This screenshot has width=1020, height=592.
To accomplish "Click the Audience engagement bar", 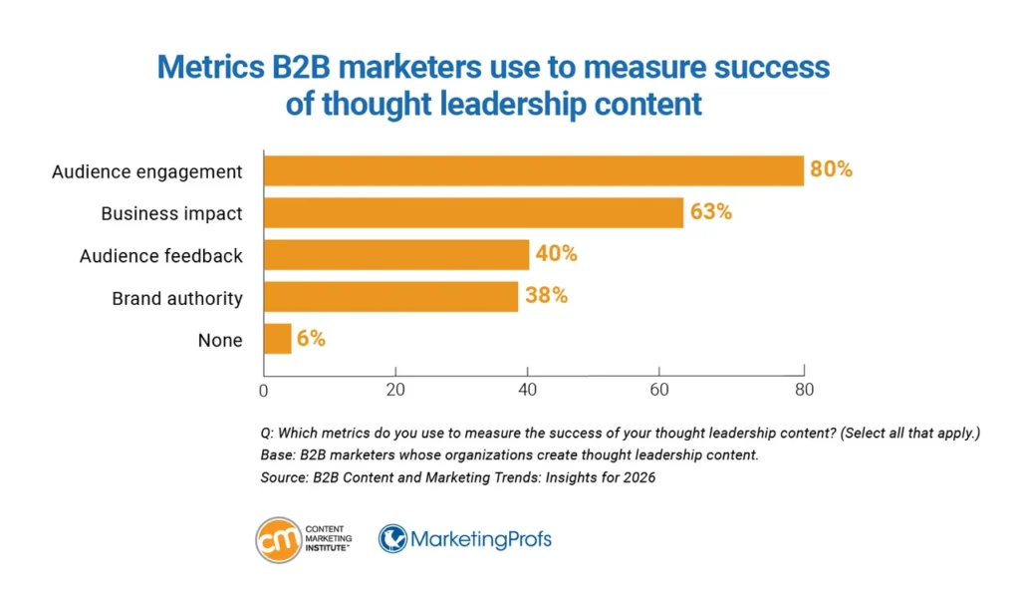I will click(533, 170).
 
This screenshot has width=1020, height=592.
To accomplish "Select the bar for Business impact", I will click(473, 212).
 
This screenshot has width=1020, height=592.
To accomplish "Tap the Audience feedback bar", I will click(396, 254).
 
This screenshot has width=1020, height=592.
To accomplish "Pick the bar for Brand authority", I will click(390, 296).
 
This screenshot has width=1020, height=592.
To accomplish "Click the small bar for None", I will click(278, 339).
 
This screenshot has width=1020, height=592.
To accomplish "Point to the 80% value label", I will click(831, 169).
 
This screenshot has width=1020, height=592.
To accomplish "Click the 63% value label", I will click(710, 212).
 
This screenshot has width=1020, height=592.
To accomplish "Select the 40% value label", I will click(556, 254).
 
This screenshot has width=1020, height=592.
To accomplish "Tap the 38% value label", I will click(546, 296).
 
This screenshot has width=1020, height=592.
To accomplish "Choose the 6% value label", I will click(311, 339).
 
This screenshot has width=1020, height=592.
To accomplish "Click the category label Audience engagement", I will click(147, 171).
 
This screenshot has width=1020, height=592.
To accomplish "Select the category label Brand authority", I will click(177, 297).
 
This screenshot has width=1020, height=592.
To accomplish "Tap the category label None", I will click(220, 340).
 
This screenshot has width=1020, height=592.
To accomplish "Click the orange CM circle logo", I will click(279, 540).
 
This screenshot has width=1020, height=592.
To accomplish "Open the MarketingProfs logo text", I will click(480, 540).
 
